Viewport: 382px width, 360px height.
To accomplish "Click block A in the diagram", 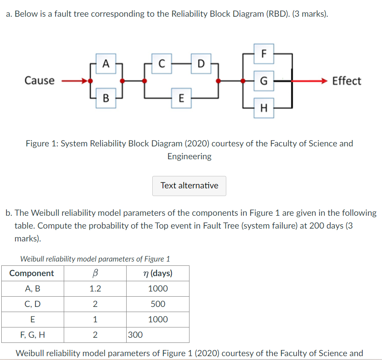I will click(106, 64).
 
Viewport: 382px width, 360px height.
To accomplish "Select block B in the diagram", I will click(106, 98).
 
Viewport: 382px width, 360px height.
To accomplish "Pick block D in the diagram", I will click(201, 64).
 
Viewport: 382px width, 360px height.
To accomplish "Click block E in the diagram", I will click(181, 98).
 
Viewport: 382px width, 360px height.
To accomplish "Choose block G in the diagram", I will click(264, 80).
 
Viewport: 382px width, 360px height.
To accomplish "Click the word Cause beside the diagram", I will click(39, 80).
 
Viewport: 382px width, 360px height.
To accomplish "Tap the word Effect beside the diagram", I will click(346, 81).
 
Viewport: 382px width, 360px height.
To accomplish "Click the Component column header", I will click(32, 273).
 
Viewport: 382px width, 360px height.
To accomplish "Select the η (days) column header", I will click(158, 273).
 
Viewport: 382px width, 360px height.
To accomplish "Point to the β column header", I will click(95, 273).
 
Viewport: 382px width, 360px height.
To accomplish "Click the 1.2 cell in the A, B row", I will click(95, 289).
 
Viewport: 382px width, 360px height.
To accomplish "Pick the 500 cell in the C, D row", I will click(158, 304).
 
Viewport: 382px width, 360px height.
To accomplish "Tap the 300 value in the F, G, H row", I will click(135, 335).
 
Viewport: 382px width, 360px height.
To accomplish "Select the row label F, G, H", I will click(32, 335).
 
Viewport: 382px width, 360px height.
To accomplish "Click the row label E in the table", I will click(32, 319).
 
